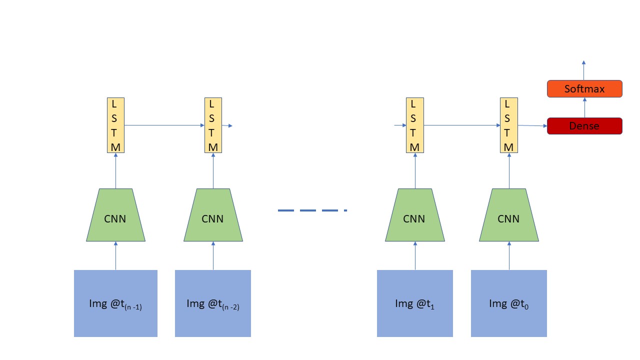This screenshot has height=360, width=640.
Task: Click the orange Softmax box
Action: tap(584, 88)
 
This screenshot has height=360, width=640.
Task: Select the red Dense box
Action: tap(584, 126)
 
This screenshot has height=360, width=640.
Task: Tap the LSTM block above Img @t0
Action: tap(508, 125)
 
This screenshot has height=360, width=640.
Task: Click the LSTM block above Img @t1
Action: tap(414, 125)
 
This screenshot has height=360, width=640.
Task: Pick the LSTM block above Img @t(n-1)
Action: tap(115, 125)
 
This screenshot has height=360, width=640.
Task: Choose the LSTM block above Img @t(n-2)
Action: tap(213, 125)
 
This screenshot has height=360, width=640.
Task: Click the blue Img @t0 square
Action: tap(508, 303)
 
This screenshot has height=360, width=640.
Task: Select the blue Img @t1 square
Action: tap(414, 303)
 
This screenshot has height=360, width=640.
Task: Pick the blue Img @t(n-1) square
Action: tap(115, 303)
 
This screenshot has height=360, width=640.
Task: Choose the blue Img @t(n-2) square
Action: tap(213, 303)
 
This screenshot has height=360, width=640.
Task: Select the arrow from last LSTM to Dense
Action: tap(532, 125)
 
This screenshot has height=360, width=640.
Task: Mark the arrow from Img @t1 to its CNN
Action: tap(415, 255)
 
